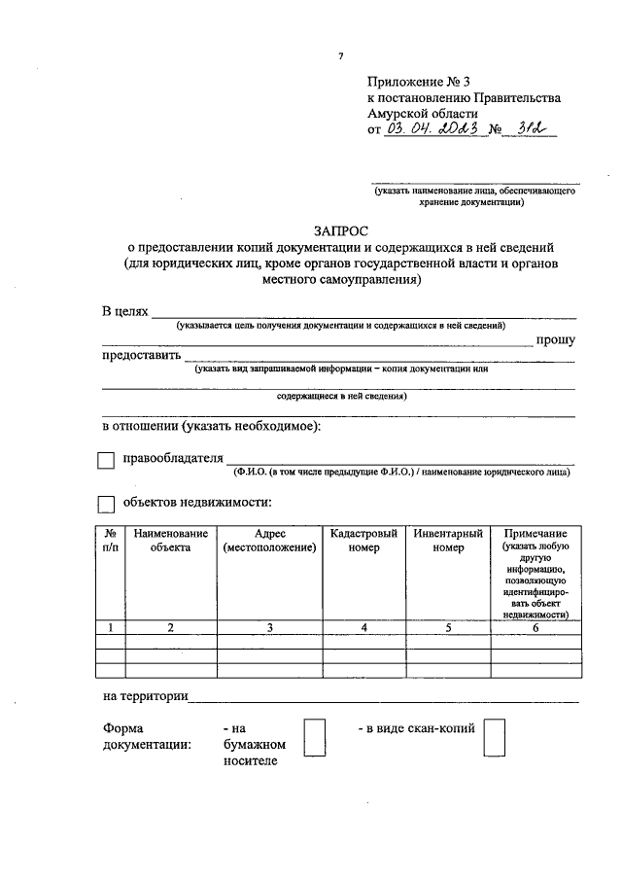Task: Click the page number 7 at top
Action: (x=340, y=56)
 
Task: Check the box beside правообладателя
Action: (x=106, y=461)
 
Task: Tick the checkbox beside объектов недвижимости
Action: (x=106, y=505)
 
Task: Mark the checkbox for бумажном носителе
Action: (x=314, y=737)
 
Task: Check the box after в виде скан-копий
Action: (x=495, y=737)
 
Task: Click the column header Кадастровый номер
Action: (x=363, y=541)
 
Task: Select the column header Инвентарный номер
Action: (x=448, y=541)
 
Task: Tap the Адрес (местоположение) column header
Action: (x=268, y=541)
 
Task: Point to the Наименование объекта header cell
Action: (x=171, y=541)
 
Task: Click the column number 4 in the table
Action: (x=363, y=627)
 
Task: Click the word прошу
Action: (x=555, y=339)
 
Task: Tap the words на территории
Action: (x=146, y=696)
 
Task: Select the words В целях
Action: (x=124, y=311)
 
